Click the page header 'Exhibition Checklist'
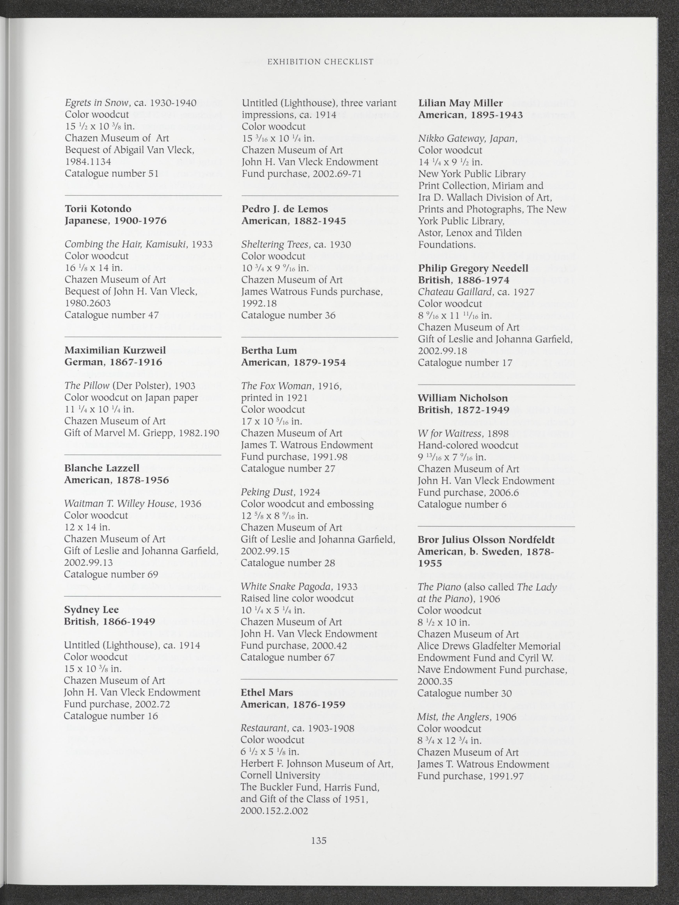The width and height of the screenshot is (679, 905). click(x=320, y=62)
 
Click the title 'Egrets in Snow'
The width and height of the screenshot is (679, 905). click(x=97, y=103)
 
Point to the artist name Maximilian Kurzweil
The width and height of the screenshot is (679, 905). click(x=115, y=351)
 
